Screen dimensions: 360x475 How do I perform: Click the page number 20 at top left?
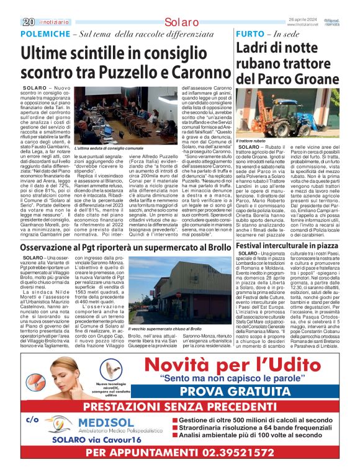[28, 22]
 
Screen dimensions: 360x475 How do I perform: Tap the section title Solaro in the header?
[181, 22]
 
